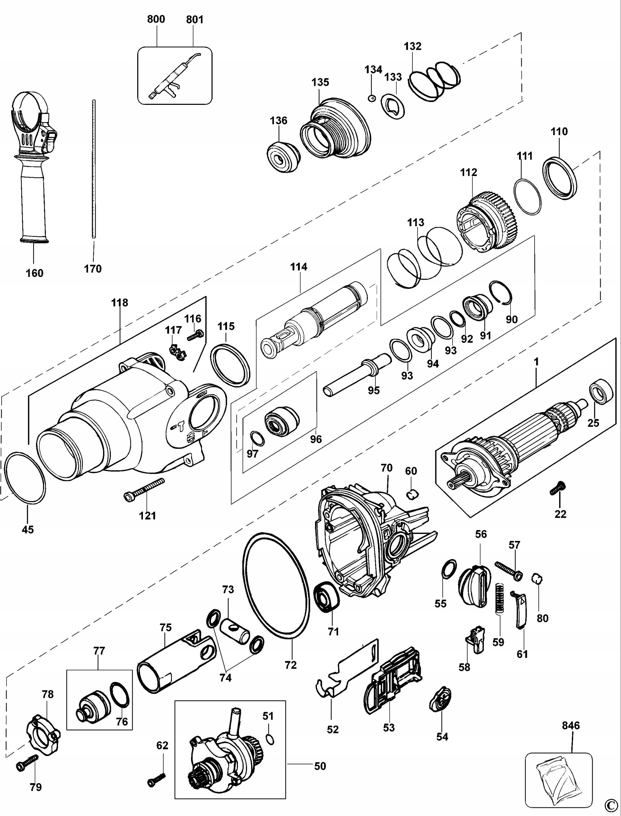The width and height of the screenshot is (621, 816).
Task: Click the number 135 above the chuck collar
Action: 320,82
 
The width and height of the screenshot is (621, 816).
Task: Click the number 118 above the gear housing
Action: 119,302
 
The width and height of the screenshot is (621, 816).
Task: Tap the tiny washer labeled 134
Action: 372,98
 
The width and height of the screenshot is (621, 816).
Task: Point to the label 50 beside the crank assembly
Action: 320,766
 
